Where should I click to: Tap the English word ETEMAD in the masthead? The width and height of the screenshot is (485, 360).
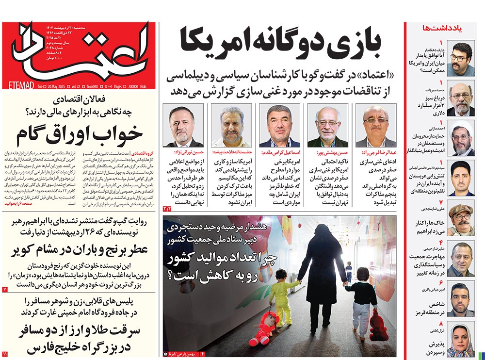click(20, 85)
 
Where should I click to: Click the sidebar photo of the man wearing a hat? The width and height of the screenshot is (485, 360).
click(460, 221)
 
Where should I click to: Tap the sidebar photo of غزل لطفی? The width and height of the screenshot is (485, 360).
click(460, 341)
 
